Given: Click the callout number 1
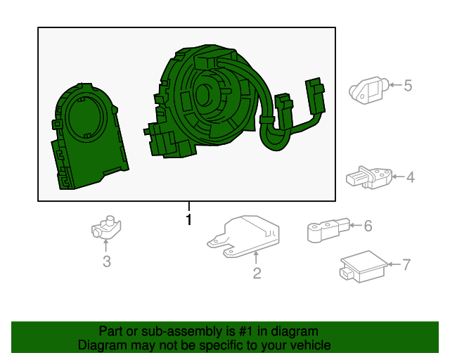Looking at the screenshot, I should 188,219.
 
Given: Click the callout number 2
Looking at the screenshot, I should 257,273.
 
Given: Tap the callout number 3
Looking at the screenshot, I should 106,262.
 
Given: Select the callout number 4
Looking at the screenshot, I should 410,177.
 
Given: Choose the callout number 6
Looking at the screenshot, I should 367,226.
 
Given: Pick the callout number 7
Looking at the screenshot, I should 406,264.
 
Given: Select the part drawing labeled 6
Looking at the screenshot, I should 326,229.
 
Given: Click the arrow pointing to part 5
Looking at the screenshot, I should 392,86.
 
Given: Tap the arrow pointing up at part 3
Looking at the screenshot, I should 106,245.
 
